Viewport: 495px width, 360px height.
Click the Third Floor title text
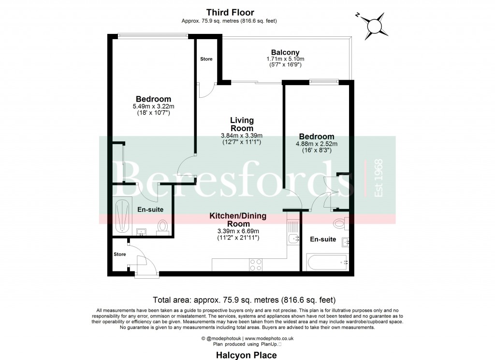coord(230,12)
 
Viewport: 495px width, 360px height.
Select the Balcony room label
coord(285,52)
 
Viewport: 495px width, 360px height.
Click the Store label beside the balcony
coord(206,59)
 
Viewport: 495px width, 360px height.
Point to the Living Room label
coord(242,124)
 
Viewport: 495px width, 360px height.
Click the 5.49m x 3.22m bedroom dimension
coord(153,106)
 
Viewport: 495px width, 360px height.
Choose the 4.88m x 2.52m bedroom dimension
coord(316,144)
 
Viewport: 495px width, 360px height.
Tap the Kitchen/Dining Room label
coord(237,220)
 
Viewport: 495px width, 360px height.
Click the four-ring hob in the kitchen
coord(255,264)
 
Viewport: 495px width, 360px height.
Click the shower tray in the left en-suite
coord(123,215)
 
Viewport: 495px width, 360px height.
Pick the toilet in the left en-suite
coord(162,226)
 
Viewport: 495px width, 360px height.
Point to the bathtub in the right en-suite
coord(327,262)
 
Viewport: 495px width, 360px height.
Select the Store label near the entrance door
coord(119,254)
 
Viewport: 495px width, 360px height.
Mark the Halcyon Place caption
coord(247,355)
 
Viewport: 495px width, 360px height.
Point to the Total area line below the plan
coord(244,300)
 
